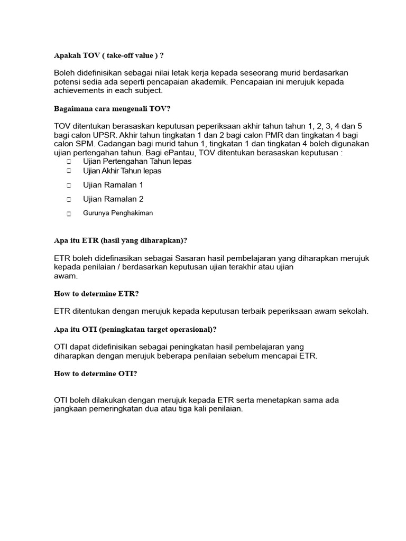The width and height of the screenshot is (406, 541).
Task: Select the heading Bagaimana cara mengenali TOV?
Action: click(x=113, y=109)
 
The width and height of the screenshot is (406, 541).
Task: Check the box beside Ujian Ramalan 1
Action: click(x=69, y=185)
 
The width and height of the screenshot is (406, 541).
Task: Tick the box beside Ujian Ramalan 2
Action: click(x=69, y=200)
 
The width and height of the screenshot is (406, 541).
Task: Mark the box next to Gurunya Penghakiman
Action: click(x=69, y=213)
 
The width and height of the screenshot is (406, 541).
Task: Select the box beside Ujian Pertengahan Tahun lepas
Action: click(x=69, y=162)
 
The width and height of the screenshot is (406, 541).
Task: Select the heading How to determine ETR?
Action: click(x=96, y=293)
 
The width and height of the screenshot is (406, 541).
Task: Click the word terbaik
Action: click(x=250, y=311)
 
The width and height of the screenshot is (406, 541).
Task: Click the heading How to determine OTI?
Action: click(x=96, y=374)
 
